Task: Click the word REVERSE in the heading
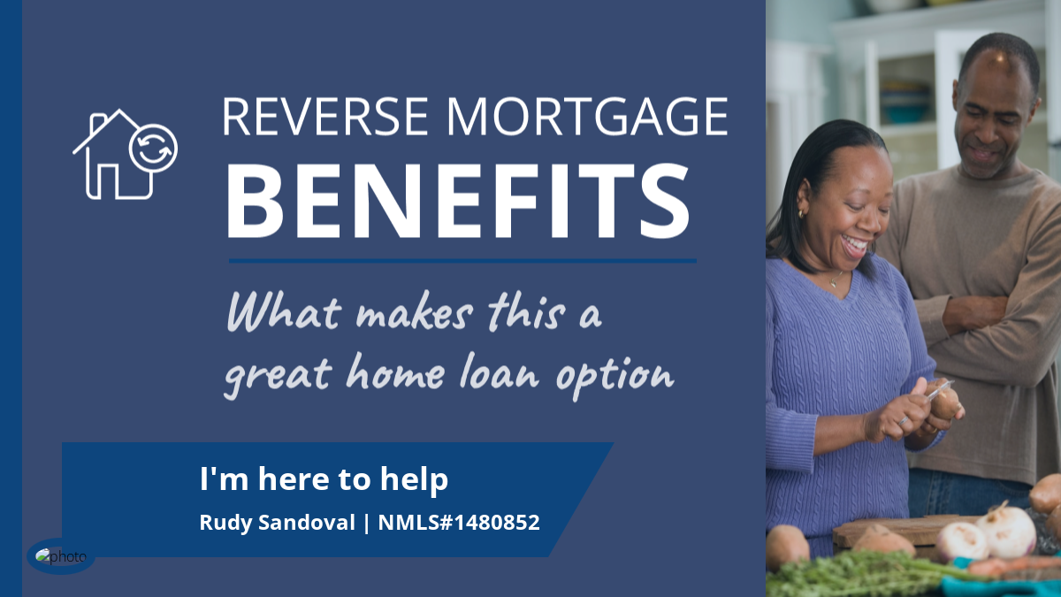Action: click(x=325, y=117)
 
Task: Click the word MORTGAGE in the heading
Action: click(x=587, y=117)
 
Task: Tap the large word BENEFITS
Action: click(x=458, y=201)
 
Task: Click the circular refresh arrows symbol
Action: click(x=153, y=149)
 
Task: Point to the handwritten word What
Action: click(x=284, y=312)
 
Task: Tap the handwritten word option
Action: click(x=614, y=377)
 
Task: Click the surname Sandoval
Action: click(x=307, y=522)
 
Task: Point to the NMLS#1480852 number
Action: click(x=459, y=522)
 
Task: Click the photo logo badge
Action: click(x=61, y=556)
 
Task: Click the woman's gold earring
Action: click(x=800, y=214)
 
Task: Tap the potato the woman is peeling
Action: click(x=945, y=402)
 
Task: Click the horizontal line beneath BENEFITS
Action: click(x=462, y=261)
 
